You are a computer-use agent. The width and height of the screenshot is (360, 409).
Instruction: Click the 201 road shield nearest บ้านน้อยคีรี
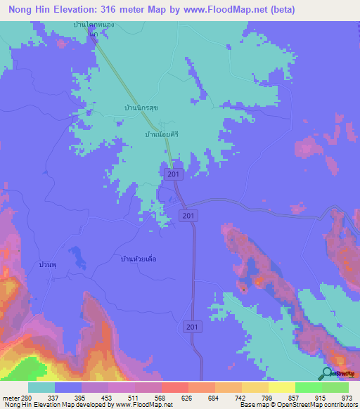(x=173, y=174)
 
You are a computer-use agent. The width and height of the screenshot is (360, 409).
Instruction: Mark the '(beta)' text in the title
(x=279, y=9)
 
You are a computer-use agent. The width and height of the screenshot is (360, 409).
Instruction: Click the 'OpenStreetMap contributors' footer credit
(x=315, y=405)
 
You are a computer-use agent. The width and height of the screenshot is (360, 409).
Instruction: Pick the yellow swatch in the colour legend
(x=281, y=387)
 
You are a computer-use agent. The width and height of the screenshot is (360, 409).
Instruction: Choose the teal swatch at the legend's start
(x=41, y=387)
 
